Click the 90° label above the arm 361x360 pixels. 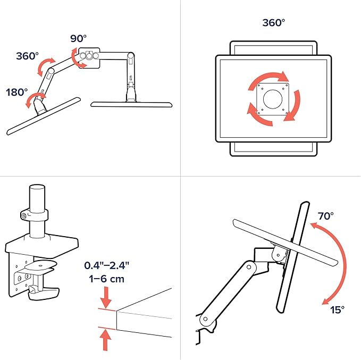78,38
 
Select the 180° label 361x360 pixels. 16,93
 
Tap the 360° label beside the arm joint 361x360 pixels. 27,56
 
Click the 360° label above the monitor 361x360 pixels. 273,22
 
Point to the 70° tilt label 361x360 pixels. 325,216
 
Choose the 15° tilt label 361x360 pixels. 337,310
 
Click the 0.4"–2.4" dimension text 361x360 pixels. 106,265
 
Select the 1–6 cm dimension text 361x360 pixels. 106,279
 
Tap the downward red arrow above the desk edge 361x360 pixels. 106,297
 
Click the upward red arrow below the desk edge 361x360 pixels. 105,340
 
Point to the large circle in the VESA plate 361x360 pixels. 273,99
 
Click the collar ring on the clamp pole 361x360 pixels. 35,215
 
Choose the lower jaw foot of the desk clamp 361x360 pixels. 44,292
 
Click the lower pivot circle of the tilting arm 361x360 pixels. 205,319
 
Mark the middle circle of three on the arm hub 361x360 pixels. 89,55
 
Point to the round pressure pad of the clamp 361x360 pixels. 41,265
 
